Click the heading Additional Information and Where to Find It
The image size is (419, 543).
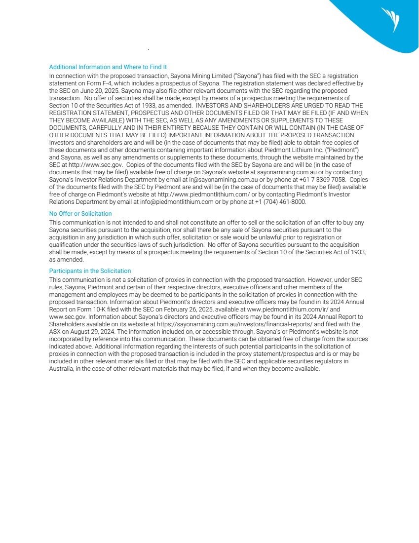click(108, 67)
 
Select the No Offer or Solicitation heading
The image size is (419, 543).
click(80, 214)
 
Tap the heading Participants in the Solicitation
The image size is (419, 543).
click(90, 271)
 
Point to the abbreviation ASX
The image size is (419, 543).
click(55, 332)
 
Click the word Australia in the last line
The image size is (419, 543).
click(61, 369)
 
